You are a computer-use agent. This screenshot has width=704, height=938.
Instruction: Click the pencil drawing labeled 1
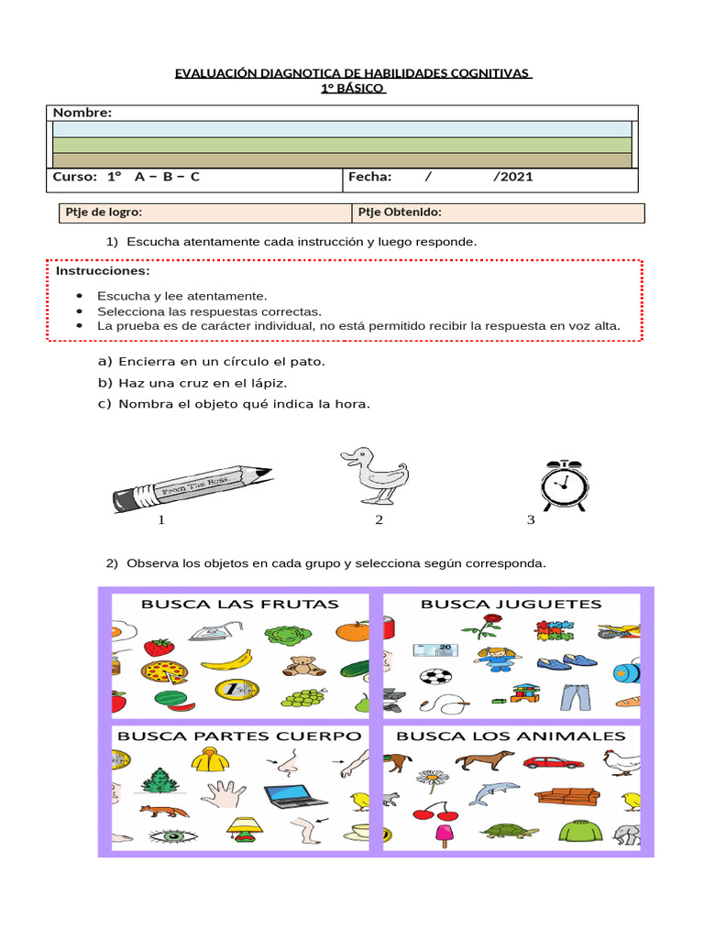pos(192,486)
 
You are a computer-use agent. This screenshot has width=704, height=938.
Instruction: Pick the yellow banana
pos(225,658)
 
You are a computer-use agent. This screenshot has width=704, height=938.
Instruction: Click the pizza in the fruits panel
pos(164,671)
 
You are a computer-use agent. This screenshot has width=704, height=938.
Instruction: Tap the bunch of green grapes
pos(304,697)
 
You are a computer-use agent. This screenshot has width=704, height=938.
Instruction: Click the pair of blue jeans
pos(577,697)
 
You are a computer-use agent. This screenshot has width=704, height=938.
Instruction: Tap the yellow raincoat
pos(209,758)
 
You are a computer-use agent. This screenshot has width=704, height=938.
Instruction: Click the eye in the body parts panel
pos(168,835)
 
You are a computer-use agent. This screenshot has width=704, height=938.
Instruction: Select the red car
pos(553,761)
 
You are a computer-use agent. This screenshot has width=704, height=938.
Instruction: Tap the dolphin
pos(494,792)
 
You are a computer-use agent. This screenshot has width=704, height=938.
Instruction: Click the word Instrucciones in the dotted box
pos(103,272)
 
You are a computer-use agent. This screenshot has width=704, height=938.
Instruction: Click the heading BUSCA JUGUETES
pos(511,604)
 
